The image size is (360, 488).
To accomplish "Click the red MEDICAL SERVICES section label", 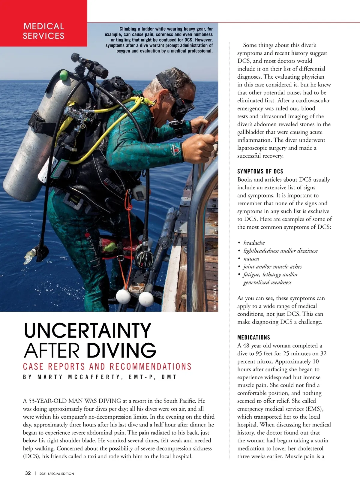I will tap(43, 31).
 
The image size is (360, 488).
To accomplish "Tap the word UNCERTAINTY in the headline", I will tap(87, 330).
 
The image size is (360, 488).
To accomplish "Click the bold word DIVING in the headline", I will tap(121, 350).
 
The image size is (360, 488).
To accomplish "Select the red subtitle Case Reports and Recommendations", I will tap(107, 366).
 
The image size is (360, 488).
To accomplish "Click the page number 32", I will tap(28, 473).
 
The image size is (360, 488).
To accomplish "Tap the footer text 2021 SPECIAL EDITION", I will tap(57, 474).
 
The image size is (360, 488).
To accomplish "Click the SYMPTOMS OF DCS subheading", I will tap(260, 171).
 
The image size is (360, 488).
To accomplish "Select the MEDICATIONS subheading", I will tap(253, 337).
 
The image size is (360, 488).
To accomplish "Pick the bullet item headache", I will tap(254, 243).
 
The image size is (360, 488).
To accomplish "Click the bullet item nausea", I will tap(251, 259).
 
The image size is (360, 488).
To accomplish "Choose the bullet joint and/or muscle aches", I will tap(272, 267).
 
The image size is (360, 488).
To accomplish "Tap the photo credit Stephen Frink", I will tap(215, 297).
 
